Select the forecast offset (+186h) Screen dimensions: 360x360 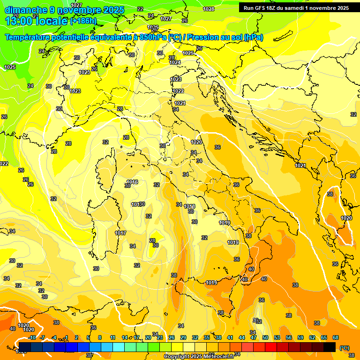[83, 21]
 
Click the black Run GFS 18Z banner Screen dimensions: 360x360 [296, 8]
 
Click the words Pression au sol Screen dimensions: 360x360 [224, 37]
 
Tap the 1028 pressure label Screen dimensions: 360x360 [209, 9]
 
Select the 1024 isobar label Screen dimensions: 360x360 [175, 62]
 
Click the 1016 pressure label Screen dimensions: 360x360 [132, 182]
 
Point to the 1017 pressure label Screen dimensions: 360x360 [120, 233]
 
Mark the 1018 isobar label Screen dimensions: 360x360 [190, 206]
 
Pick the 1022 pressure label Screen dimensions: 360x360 [178, 91]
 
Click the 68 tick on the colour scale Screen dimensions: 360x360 [336, 337]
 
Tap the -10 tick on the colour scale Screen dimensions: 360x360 [32, 337]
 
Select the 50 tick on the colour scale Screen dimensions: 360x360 [265, 337]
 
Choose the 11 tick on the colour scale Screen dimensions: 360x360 [112, 337]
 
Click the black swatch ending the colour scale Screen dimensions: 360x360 [330, 347]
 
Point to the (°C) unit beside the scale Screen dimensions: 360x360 [345, 347]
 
